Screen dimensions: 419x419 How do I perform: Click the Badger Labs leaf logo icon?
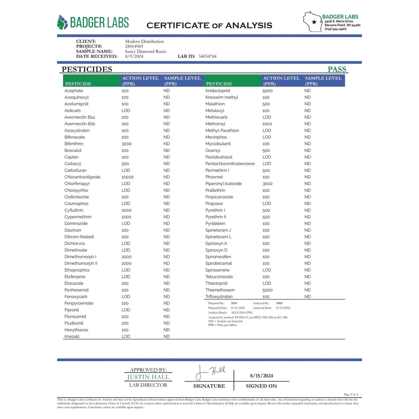pyautogui.click(x=62, y=22)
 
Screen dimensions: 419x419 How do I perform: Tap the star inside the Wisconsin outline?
pyautogui.click(x=314, y=22)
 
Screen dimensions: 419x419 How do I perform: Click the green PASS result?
pyautogui.click(x=337, y=69)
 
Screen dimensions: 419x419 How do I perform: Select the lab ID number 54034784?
pyautogui.click(x=208, y=56)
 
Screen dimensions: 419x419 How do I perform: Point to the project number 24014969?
pyautogui.click(x=134, y=46)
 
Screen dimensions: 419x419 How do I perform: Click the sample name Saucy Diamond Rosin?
pyautogui.click(x=146, y=51)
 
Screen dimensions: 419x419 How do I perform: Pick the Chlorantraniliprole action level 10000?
pyautogui.click(x=128, y=177)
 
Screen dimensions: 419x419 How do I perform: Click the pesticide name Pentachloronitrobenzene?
pyautogui.click(x=230, y=164)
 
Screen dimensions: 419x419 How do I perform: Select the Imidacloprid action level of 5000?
pyautogui.click(x=267, y=91)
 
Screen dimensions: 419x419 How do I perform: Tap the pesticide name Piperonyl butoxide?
pyautogui.click(x=223, y=184)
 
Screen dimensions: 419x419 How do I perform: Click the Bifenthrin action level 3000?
pyautogui.click(x=127, y=144)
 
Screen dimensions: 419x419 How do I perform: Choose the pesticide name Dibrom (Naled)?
pyautogui.click(x=79, y=237)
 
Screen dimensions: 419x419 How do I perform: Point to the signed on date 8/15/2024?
pyautogui.click(x=261, y=376)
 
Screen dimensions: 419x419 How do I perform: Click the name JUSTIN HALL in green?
pyautogui.click(x=148, y=377)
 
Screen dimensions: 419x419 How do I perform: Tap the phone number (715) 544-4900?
pyautogui.click(x=335, y=29)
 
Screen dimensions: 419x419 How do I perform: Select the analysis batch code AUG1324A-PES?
pyautogui.click(x=242, y=313)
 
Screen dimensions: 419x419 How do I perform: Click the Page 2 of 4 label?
pyautogui.click(x=351, y=394)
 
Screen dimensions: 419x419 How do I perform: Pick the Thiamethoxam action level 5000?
pyautogui.click(x=267, y=290)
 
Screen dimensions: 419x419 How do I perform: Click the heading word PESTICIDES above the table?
pyautogui.click(x=87, y=69)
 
